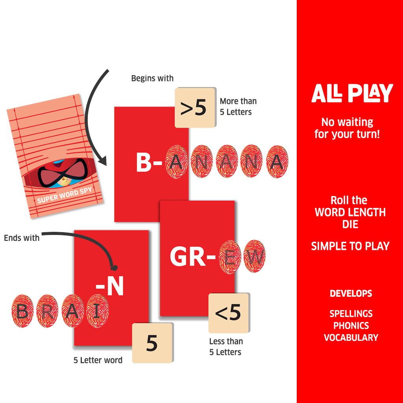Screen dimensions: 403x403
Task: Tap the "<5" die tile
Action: coord(228,313)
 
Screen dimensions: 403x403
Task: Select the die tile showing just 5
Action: coord(152,343)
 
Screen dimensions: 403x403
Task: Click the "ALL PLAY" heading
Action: coord(352,93)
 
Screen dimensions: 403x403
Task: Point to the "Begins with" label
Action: coord(152,78)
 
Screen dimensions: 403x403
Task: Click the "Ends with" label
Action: coord(22,238)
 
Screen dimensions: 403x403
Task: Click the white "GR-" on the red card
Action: coord(193,257)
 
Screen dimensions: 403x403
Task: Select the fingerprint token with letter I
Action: coord(97,311)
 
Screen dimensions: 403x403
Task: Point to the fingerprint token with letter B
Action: coord(22,311)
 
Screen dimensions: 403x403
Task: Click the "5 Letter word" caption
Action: coord(98,360)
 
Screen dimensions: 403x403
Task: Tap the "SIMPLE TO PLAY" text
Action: coord(350,246)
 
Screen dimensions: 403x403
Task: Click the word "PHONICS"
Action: coord(351,325)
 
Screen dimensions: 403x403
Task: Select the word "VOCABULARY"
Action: coord(351,337)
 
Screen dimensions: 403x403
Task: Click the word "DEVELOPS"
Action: coord(351,294)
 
